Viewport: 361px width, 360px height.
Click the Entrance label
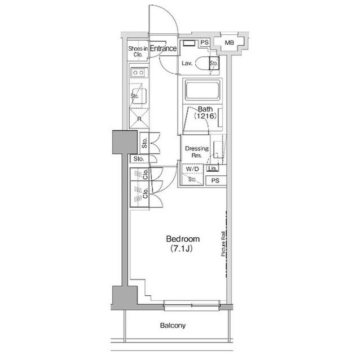[x=163, y=49]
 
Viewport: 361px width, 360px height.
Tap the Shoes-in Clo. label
[x=137, y=52]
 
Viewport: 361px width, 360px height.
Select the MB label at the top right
[x=230, y=43]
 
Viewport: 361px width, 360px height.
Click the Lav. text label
[x=187, y=64]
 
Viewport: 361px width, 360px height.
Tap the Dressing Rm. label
[x=197, y=152]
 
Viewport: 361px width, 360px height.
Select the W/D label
[x=192, y=168]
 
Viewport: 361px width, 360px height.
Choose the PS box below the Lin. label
[x=215, y=180]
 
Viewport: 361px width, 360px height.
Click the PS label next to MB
[x=204, y=43]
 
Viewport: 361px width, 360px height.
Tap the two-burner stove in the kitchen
[x=138, y=73]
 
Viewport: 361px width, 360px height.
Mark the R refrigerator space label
[x=138, y=119]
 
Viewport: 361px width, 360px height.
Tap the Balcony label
[x=173, y=326]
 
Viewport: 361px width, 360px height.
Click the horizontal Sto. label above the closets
[x=138, y=159]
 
